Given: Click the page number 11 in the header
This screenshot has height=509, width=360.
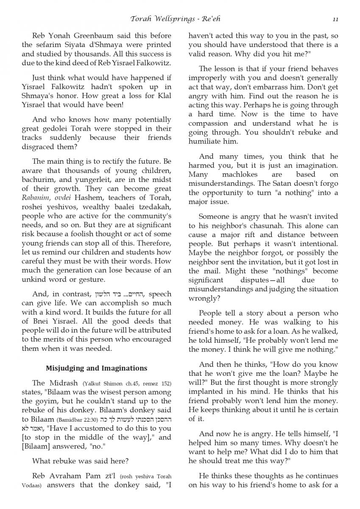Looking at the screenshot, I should (x=335, y=19).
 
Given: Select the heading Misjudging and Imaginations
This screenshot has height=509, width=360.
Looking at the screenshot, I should (x=96, y=368).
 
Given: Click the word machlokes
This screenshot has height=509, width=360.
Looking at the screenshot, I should (x=235, y=174).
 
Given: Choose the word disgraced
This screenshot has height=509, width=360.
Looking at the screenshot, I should (x=43, y=146).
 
